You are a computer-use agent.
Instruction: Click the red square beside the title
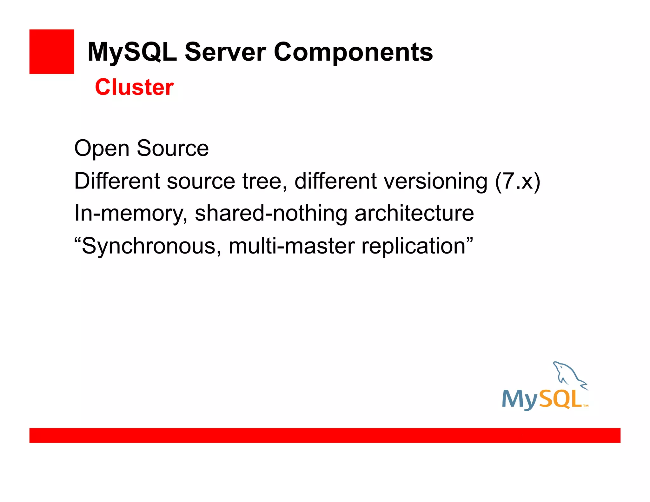(51, 51)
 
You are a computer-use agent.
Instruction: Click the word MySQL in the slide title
(132, 52)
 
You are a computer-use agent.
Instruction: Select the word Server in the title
(225, 52)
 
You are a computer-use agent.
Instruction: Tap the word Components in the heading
(353, 52)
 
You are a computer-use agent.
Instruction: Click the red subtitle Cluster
(134, 87)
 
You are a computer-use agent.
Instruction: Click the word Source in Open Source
(173, 149)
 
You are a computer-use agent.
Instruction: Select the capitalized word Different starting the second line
(117, 181)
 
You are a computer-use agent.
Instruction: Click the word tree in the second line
(262, 181)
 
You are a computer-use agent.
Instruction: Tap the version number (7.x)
(517, 181)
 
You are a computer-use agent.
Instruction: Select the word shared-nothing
(271, 214)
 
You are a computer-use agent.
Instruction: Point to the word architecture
(414, 214)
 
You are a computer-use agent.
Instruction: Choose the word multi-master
(291, 246)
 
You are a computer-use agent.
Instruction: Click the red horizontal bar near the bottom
(325, 435)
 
